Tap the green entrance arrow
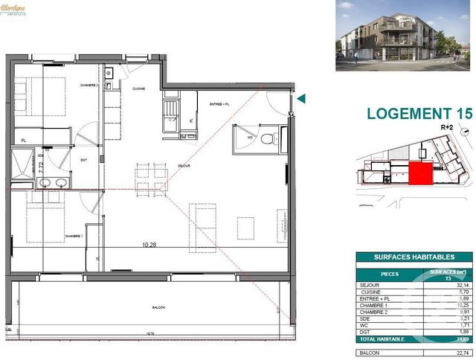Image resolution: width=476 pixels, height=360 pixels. tap(300, 98)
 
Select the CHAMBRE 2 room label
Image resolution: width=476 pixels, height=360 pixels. tap(90, 86)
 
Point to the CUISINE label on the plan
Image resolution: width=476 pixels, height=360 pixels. tap(138, 89)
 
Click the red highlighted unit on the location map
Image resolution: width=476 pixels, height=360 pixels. tap(421, 173)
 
